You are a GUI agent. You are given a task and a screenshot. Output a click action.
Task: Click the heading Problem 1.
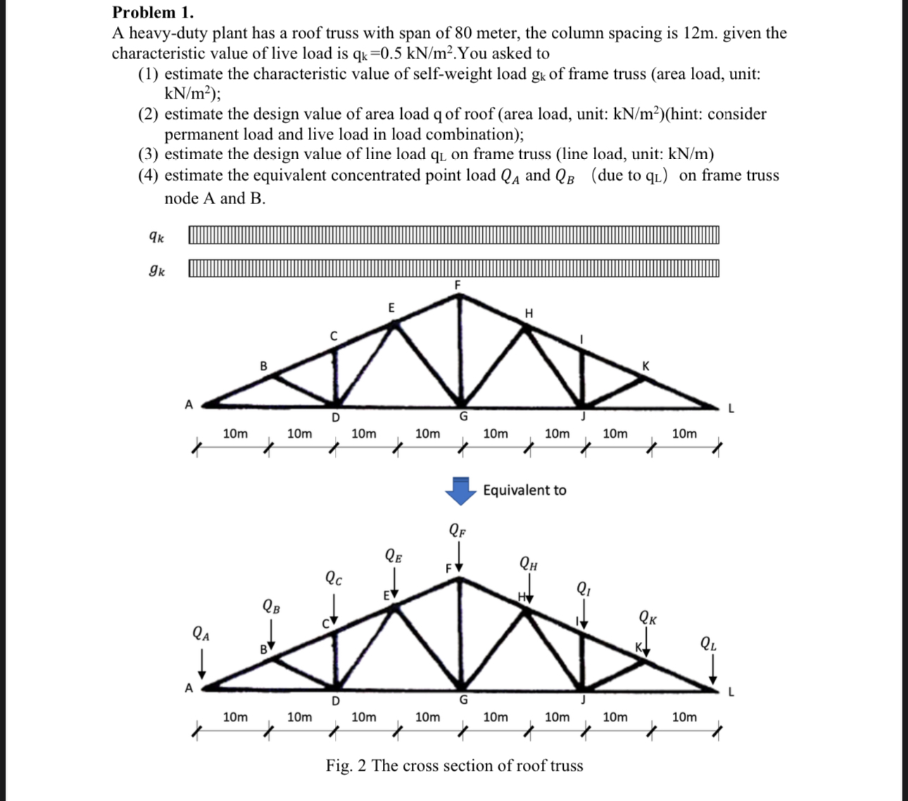click(153, 12)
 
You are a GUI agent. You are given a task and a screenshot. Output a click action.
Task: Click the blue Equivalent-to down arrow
click(460, 491)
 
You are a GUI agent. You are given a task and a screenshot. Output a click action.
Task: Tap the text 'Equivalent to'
click(524, 490)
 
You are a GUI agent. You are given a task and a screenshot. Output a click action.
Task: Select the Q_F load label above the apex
click(457, 531)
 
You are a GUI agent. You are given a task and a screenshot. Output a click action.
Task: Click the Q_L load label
click(709, 643)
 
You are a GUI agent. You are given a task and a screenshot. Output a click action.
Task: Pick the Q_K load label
click(648, 619)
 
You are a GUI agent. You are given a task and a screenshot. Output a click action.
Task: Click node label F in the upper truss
click(457, 285)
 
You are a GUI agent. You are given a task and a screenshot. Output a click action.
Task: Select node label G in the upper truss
click(463, 416)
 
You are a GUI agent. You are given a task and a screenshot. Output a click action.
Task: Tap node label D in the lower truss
click(335, 701)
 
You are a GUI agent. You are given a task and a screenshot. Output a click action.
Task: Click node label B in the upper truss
click(263, 366)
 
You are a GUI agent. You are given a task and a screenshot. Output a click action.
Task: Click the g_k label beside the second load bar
click(157, 270)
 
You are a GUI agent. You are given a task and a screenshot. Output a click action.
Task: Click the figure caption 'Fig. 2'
click(454, 765)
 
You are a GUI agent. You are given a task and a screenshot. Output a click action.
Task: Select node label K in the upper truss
click(646, 366)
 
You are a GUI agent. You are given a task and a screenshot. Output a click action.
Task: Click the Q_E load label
click(394, 555)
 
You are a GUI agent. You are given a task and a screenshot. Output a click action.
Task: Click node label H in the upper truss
click(529, 313)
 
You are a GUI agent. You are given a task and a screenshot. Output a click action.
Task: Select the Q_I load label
click(584, 588)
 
